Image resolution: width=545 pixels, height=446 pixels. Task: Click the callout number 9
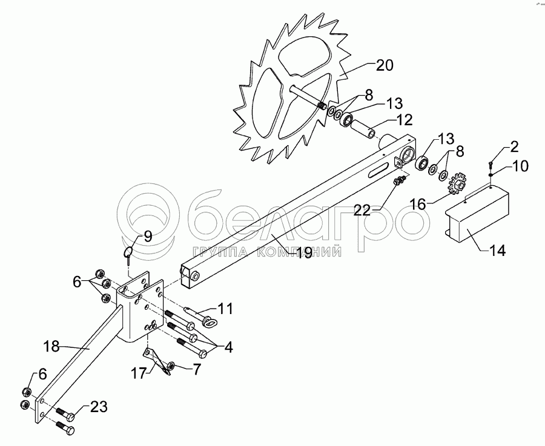pyautogui.click(x=147, y=237)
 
